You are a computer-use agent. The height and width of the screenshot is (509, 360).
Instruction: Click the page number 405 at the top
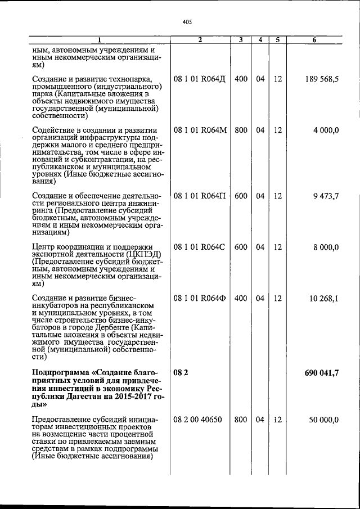tap(187, 22)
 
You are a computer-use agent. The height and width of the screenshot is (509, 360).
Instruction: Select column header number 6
tap(322, 40)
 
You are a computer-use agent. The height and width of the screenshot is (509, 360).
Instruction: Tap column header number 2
tap(200, 40)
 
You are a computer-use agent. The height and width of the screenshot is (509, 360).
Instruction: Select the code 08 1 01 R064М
tap(200, 130)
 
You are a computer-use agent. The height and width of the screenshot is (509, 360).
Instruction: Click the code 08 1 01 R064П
tap(200, 196)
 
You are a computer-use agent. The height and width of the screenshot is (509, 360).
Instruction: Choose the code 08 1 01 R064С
tap(200, 247)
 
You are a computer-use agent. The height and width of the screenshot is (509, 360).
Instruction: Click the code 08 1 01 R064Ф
tap(200, 298)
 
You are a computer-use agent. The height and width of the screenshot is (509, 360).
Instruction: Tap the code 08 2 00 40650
tap(197, 420)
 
